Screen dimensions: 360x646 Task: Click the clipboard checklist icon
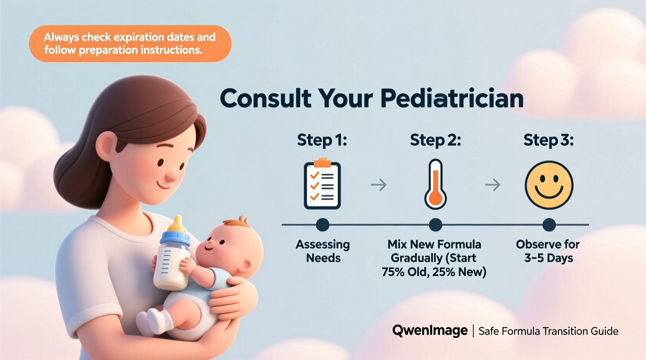tap(322, 185)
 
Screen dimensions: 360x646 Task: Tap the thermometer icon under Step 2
tap(435, 185)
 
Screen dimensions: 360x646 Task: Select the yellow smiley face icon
tap(549, 185)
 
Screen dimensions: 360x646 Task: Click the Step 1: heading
tap(322, 140)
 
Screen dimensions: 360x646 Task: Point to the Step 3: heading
tap(548, 140)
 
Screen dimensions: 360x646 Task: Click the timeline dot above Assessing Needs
tap(323, 225)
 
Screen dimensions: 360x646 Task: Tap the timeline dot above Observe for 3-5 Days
tap(549, 225)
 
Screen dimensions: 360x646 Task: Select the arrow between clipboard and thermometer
tap(379, 185)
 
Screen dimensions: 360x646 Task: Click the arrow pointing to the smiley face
tap(493, 185)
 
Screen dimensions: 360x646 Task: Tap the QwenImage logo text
tap(430, 331)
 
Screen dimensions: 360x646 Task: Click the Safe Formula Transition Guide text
tap(548, 331)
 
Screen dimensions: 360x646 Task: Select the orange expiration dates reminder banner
tap(130, 43)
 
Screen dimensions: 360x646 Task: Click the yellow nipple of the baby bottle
tap(178, 224)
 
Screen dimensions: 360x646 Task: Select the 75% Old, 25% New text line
tap(434, 272)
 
